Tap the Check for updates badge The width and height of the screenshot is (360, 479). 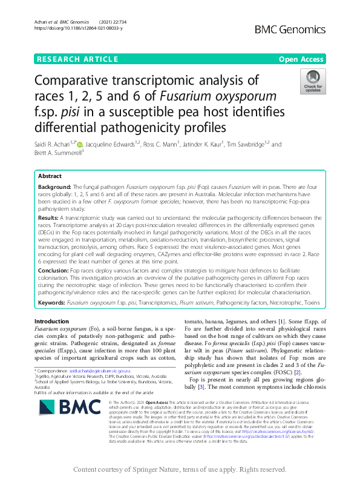pyautogui.click(x=312, y=81)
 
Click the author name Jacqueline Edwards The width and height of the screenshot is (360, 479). pyautogui.click(x=112, y=145)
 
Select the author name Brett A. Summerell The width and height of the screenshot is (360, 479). pyautogui.click(x=57, y=153)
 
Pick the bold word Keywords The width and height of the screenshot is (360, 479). pyautogui.click(x=52, y=300)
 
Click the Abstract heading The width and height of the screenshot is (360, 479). pyautogui.click(x=50, y=176)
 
